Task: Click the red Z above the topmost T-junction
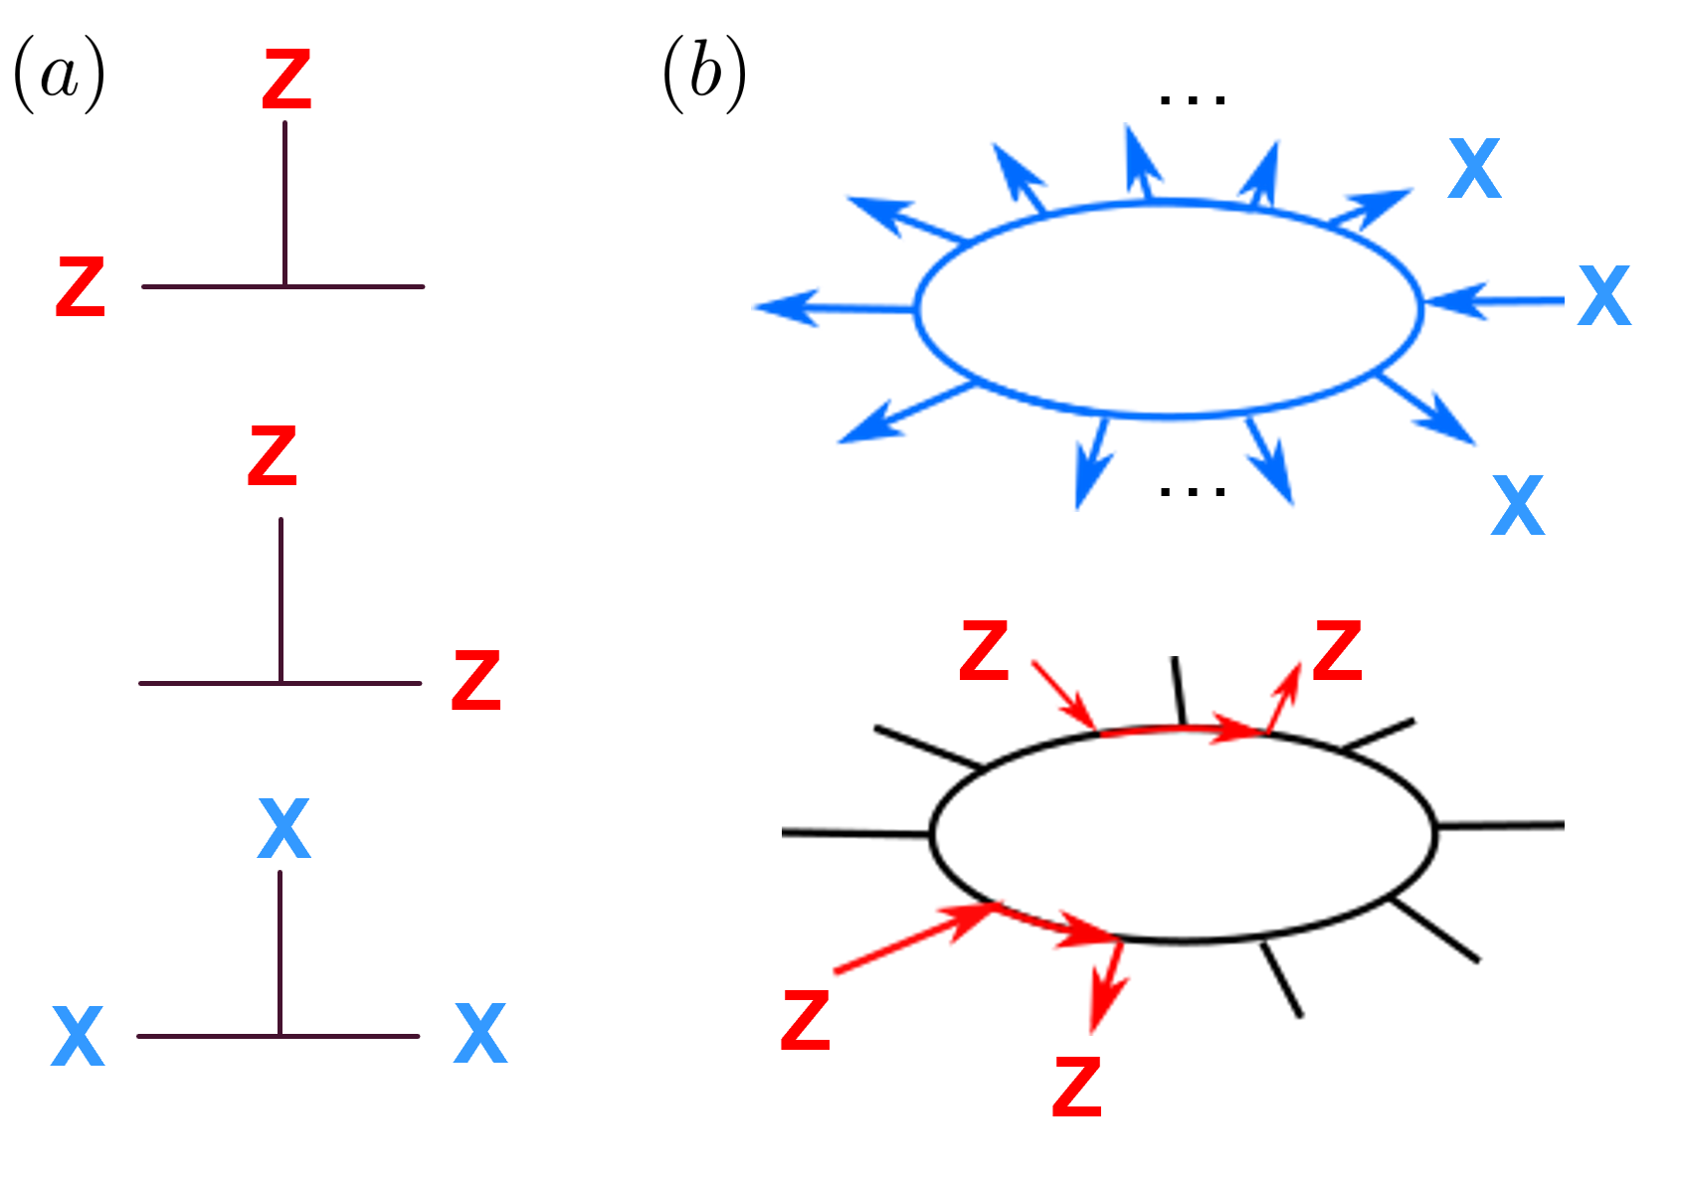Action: [x=286, y=81]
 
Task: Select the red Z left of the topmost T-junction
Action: [x=81, y=287]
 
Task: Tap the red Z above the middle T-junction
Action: [x=273, y=456]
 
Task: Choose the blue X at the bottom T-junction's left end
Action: [x=78, y=1036]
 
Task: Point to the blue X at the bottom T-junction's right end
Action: [x=480, y=1034]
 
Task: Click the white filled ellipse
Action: [x=1184, y=835]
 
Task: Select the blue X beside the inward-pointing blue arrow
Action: [x=1604, y=296]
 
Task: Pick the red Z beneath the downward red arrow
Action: [x=1077, y=1087]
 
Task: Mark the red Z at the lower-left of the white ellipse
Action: [x=805, y=1020]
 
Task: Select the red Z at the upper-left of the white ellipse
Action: [x=984, y=651]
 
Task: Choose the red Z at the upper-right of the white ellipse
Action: [x=1337, y=651]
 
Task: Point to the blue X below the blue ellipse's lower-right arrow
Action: [x=1517, y=506]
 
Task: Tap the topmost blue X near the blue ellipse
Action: [x=1473, y=169]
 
